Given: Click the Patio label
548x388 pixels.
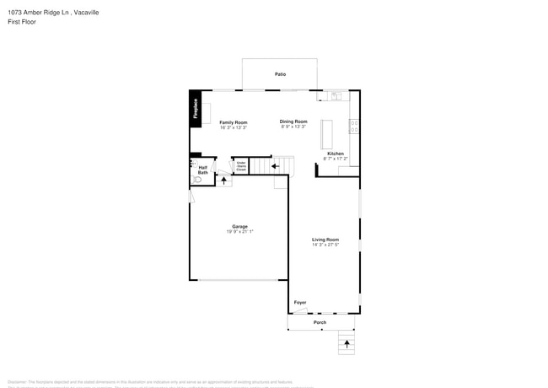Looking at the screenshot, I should (280, 74).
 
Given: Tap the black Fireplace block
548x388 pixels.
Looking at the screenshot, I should (195, 108).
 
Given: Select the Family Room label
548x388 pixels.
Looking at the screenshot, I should (234, 122).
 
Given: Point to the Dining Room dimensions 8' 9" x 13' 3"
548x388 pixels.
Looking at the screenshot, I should (293, 127).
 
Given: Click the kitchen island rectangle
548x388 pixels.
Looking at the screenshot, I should (326, 132).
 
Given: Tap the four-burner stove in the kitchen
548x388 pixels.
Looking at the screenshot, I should (354, 127).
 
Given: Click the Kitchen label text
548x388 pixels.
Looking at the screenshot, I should (335, 154).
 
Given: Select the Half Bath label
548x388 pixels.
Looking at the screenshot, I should (202, 170).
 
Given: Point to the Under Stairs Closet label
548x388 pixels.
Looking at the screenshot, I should (241, 166).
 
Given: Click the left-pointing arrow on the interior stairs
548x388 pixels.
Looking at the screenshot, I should (276, 166).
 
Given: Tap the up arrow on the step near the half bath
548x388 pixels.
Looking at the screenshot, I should (224, 180).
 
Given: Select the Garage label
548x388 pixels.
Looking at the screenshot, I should (239, 226).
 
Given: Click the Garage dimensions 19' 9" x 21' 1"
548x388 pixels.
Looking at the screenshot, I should (239, 232).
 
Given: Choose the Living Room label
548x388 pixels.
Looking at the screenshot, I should (325, 239).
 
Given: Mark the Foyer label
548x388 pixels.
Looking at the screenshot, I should (300, 302).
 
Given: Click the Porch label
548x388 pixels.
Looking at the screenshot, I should (320, 322).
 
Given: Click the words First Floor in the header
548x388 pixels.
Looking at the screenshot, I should (22, 22).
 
